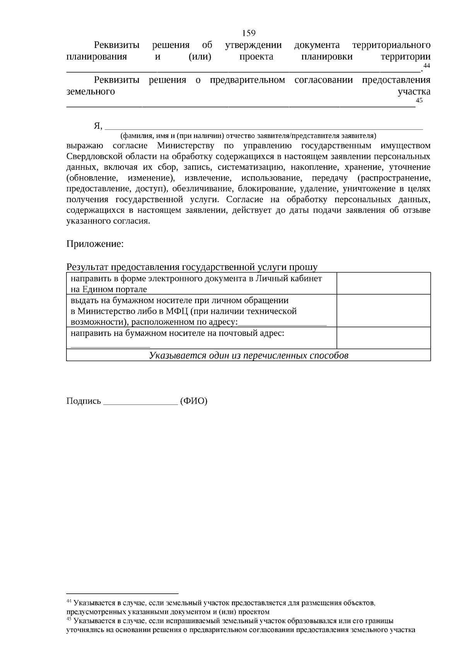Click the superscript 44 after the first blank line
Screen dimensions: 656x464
pos(426,66)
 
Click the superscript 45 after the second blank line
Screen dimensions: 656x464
pos(419,101)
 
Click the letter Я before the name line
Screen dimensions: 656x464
pos(97,126)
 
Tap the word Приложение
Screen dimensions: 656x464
pos(95,244)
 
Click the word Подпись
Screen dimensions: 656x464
pos(84,401)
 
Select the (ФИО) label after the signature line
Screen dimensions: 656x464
pos(194,401)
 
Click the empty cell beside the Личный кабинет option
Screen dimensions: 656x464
pos(384,283)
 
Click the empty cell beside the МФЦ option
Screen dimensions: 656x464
pos(384,311)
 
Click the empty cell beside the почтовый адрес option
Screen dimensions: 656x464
pos(384,338)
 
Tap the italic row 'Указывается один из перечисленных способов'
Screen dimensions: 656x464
pos(249,355)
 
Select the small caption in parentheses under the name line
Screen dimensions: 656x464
pos(248,136)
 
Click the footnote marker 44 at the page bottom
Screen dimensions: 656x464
pos(69,601)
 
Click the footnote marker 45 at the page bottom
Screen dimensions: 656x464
pos(69,620)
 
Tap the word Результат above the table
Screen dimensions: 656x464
pos(88,267)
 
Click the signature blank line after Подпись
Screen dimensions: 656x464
pos(141,402)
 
